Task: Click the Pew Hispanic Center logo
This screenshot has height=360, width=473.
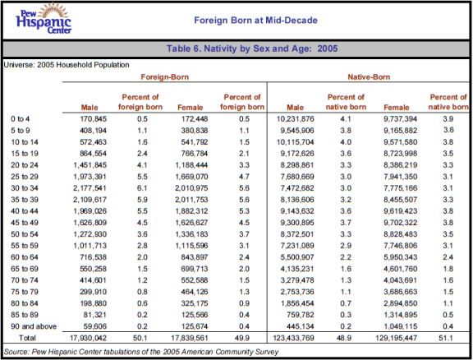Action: coord(44,19)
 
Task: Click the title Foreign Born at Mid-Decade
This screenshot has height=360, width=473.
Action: coord(256,21)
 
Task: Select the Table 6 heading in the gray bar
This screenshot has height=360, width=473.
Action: coord(252,48)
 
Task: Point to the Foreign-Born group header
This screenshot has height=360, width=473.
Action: coord(165,77)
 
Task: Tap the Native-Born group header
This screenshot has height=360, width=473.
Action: coord(369,77)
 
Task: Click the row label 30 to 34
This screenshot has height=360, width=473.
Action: coord(25,188)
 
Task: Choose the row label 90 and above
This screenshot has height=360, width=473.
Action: coord(34,326)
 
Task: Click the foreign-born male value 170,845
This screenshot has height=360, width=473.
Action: coord(94,119)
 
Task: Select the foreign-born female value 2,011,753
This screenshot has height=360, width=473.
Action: coord(191,200)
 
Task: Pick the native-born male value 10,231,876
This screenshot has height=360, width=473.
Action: coord(296,119)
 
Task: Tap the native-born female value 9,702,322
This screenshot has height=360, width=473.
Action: coord(400,223)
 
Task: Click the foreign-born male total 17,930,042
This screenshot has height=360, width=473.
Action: coord(88,338)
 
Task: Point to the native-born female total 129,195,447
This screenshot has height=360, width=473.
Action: coord(397,338)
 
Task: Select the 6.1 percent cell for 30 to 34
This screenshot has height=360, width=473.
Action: coord(142,188)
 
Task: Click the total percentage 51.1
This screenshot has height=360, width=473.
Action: coord(446,338)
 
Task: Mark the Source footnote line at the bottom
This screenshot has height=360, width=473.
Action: coord(141,352)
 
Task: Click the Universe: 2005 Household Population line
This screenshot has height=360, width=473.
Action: coord(67,65)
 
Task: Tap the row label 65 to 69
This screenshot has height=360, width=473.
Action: coord(25,269)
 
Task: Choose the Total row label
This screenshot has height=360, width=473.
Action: coord(27,338)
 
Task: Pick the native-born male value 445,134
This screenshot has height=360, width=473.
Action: coord(301,326)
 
